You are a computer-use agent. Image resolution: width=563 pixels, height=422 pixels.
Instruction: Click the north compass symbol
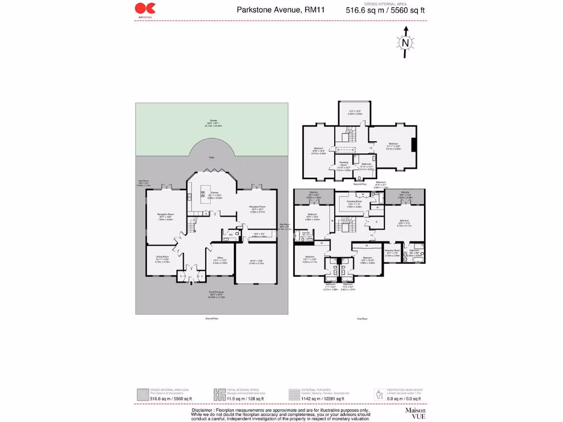pos(405,43)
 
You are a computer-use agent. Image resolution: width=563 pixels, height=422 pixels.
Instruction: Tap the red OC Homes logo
pos(146,8)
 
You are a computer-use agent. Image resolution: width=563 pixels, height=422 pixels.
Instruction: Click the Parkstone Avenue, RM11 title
pos(277,9)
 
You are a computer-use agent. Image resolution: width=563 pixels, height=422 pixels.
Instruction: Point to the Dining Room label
pos(162,257)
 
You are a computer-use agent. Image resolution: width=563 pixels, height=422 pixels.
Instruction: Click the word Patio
pos(212,158)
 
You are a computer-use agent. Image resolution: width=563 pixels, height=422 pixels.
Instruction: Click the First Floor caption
pos(362,318)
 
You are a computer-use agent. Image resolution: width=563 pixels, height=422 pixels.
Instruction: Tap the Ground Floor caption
pos(212,318)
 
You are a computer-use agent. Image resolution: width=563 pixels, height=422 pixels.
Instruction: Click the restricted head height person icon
pos(378,393)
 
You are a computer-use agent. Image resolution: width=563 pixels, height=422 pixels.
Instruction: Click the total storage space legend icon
pos(218,394)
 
